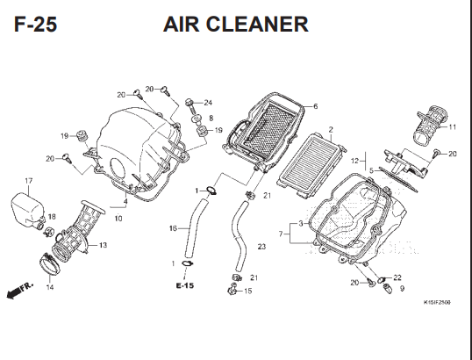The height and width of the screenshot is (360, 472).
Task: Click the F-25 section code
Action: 35,25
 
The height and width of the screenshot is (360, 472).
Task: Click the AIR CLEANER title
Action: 236,25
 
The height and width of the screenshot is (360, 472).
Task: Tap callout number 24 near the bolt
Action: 208,103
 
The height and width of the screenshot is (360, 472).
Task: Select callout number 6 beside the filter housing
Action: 315,106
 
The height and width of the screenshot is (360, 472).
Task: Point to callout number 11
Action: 452,127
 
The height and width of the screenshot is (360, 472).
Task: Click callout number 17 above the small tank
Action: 29,181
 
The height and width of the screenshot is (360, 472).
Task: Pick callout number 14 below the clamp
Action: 50,287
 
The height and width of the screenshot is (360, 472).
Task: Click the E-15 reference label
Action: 185,285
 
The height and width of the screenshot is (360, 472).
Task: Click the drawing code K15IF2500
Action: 437,302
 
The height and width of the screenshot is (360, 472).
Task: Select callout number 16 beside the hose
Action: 173,228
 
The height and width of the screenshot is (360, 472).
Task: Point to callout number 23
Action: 261,247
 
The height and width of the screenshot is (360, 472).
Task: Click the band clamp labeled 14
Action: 50,264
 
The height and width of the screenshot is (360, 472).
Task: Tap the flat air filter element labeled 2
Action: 311,166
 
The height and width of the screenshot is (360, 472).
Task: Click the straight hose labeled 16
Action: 196,229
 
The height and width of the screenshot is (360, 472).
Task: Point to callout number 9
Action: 402,289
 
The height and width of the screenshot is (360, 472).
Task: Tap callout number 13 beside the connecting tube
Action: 103,245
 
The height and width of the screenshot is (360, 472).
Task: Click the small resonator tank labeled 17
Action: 28,208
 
